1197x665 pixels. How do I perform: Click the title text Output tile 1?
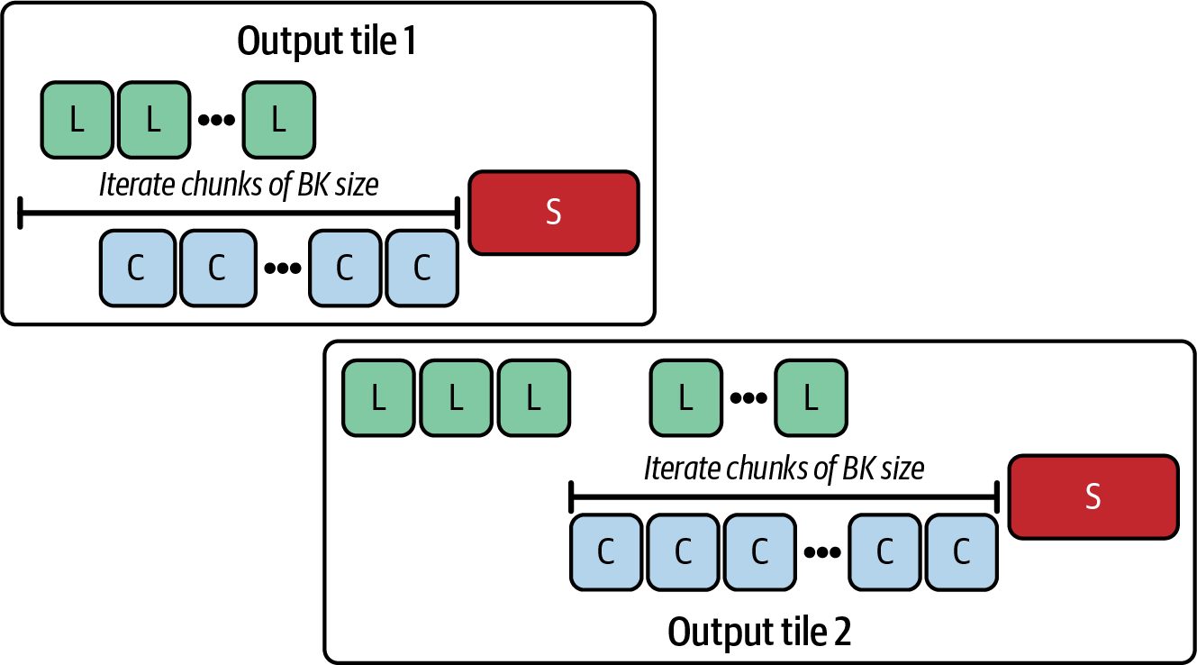click(326, 41)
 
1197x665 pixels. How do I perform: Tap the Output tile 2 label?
click(759, 632)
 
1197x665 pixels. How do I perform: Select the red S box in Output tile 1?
click(554, 213)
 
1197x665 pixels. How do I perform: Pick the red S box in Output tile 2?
click(1093, 496)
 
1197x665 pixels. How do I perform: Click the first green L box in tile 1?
click(77, 120)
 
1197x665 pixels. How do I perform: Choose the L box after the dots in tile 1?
click(279, 120)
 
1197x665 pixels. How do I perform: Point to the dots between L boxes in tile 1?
click(216, 120)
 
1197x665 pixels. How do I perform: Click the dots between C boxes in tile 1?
click(283, 268)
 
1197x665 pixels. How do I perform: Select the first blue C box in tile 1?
click(137, 268)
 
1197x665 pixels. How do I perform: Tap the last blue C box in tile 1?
click(422, 268)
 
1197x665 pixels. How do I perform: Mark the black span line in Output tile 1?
click(239, 213)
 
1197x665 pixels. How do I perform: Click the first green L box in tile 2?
click(378, 397)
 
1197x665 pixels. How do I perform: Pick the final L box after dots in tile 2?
click(812, 397)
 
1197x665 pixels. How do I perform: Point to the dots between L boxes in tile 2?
click(748, 397)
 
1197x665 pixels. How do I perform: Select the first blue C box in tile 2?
click(606, 551)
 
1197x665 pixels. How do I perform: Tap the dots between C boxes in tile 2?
click(822, 551)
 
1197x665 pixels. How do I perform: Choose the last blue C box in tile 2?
click(961, 551)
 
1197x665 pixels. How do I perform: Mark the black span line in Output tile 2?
click(784, 497)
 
